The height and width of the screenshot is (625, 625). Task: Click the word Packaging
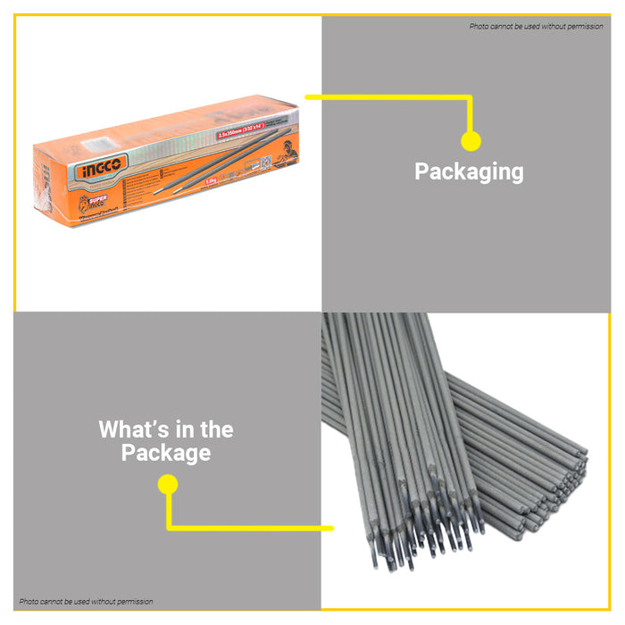coord(469,171)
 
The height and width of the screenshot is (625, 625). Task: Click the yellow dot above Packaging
coord(471,141)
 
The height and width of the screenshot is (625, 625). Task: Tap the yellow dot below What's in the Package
coord(168,485)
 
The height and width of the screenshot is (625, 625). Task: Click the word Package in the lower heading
coord(166,453)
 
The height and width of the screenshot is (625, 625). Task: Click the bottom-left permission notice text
coord(86,602)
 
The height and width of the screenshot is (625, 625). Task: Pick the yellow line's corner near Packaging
coord(470,96)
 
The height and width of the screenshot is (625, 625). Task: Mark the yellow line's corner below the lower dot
coord(169,527)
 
